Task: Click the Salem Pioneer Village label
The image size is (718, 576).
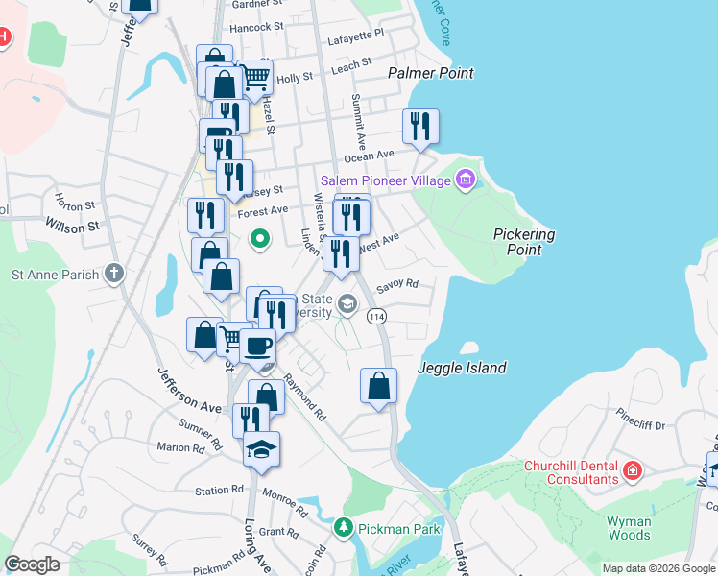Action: click(385, 180)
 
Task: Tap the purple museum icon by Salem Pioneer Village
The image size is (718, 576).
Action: click(466, 179)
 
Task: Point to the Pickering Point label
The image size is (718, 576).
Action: click(524, 242)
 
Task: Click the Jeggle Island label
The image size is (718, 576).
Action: click(462, 368)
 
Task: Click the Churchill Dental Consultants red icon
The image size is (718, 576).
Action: click(632, 470)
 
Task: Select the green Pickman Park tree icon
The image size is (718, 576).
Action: click(343, 528)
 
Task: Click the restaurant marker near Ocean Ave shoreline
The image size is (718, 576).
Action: click(420, 127)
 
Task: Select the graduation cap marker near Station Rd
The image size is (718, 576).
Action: click(260, 449)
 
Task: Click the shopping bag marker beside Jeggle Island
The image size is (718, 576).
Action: click(379, 386)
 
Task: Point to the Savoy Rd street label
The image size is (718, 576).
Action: click(397, 284)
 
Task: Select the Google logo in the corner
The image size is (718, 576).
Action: click(32, 564)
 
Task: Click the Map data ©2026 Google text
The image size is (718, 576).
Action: click(658, 568)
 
